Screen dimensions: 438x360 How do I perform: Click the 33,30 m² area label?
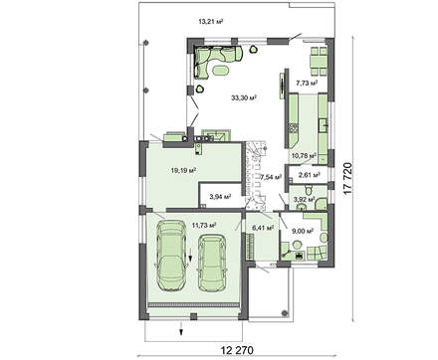245,97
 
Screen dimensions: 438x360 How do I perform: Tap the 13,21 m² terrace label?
210,22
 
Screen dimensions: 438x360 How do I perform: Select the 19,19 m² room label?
183,170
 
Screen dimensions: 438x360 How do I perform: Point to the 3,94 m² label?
220,197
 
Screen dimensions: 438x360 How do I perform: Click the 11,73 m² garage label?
204,225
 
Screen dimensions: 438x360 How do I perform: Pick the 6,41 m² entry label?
263,228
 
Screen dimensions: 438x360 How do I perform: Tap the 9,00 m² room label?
303,231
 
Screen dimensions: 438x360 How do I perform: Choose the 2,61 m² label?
310,175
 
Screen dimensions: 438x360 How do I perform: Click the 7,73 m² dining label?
307,84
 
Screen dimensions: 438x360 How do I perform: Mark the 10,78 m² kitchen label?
304,155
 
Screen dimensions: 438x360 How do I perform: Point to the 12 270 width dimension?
237,350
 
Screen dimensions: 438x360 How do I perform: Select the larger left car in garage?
171,256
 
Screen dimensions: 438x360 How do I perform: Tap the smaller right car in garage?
212,264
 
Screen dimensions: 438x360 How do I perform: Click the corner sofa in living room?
217,60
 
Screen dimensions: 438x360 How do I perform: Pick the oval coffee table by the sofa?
220,71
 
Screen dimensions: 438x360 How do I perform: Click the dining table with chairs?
319,62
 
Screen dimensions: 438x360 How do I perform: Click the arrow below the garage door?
181,328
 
